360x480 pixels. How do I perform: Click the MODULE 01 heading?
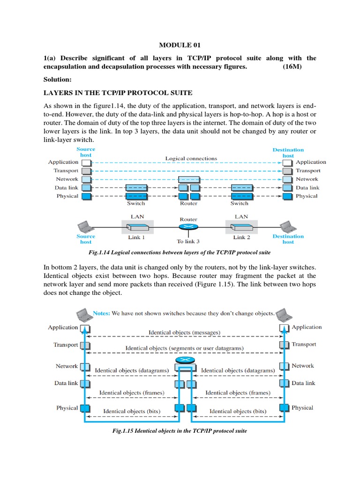[x=180, y=45]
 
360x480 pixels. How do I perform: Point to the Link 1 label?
[x=137, y=237]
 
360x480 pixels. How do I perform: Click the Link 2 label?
[x=242, y=237]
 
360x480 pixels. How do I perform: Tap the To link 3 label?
[x=188, y=241]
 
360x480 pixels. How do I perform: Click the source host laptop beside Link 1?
[x=87, y=226]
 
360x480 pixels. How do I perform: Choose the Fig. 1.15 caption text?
[x=180, y=431]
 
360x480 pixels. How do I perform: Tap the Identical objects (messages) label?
[x=184, y=333]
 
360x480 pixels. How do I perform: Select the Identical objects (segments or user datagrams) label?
[x=184, y=349]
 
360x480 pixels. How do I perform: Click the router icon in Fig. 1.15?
[x=185, y=361]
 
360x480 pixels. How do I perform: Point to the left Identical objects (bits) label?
[x=132, y=411]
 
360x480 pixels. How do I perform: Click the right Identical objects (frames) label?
[x=238, y=393]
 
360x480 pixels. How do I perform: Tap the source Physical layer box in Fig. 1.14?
[x=86, y=196]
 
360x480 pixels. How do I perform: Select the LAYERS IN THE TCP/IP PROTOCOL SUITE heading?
[x=118, y=93]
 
